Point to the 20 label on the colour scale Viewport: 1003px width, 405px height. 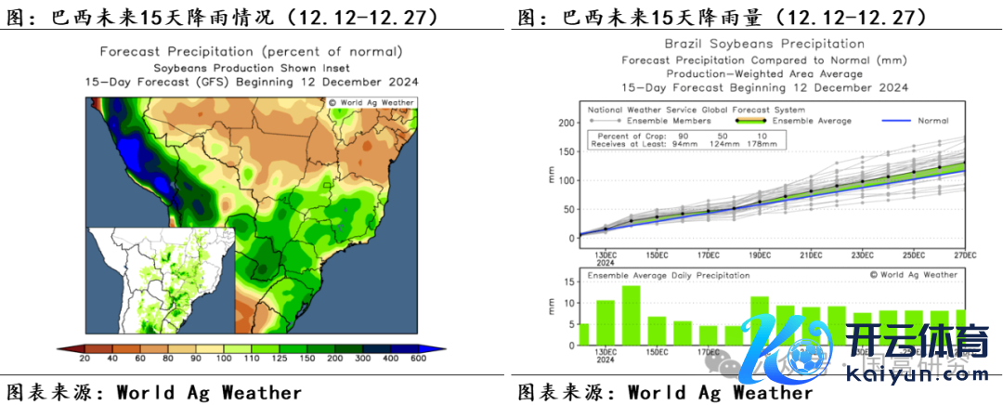coord(85,358)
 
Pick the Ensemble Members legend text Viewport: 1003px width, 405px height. coord(668,121)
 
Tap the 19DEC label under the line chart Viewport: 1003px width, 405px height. coord(760,255)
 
